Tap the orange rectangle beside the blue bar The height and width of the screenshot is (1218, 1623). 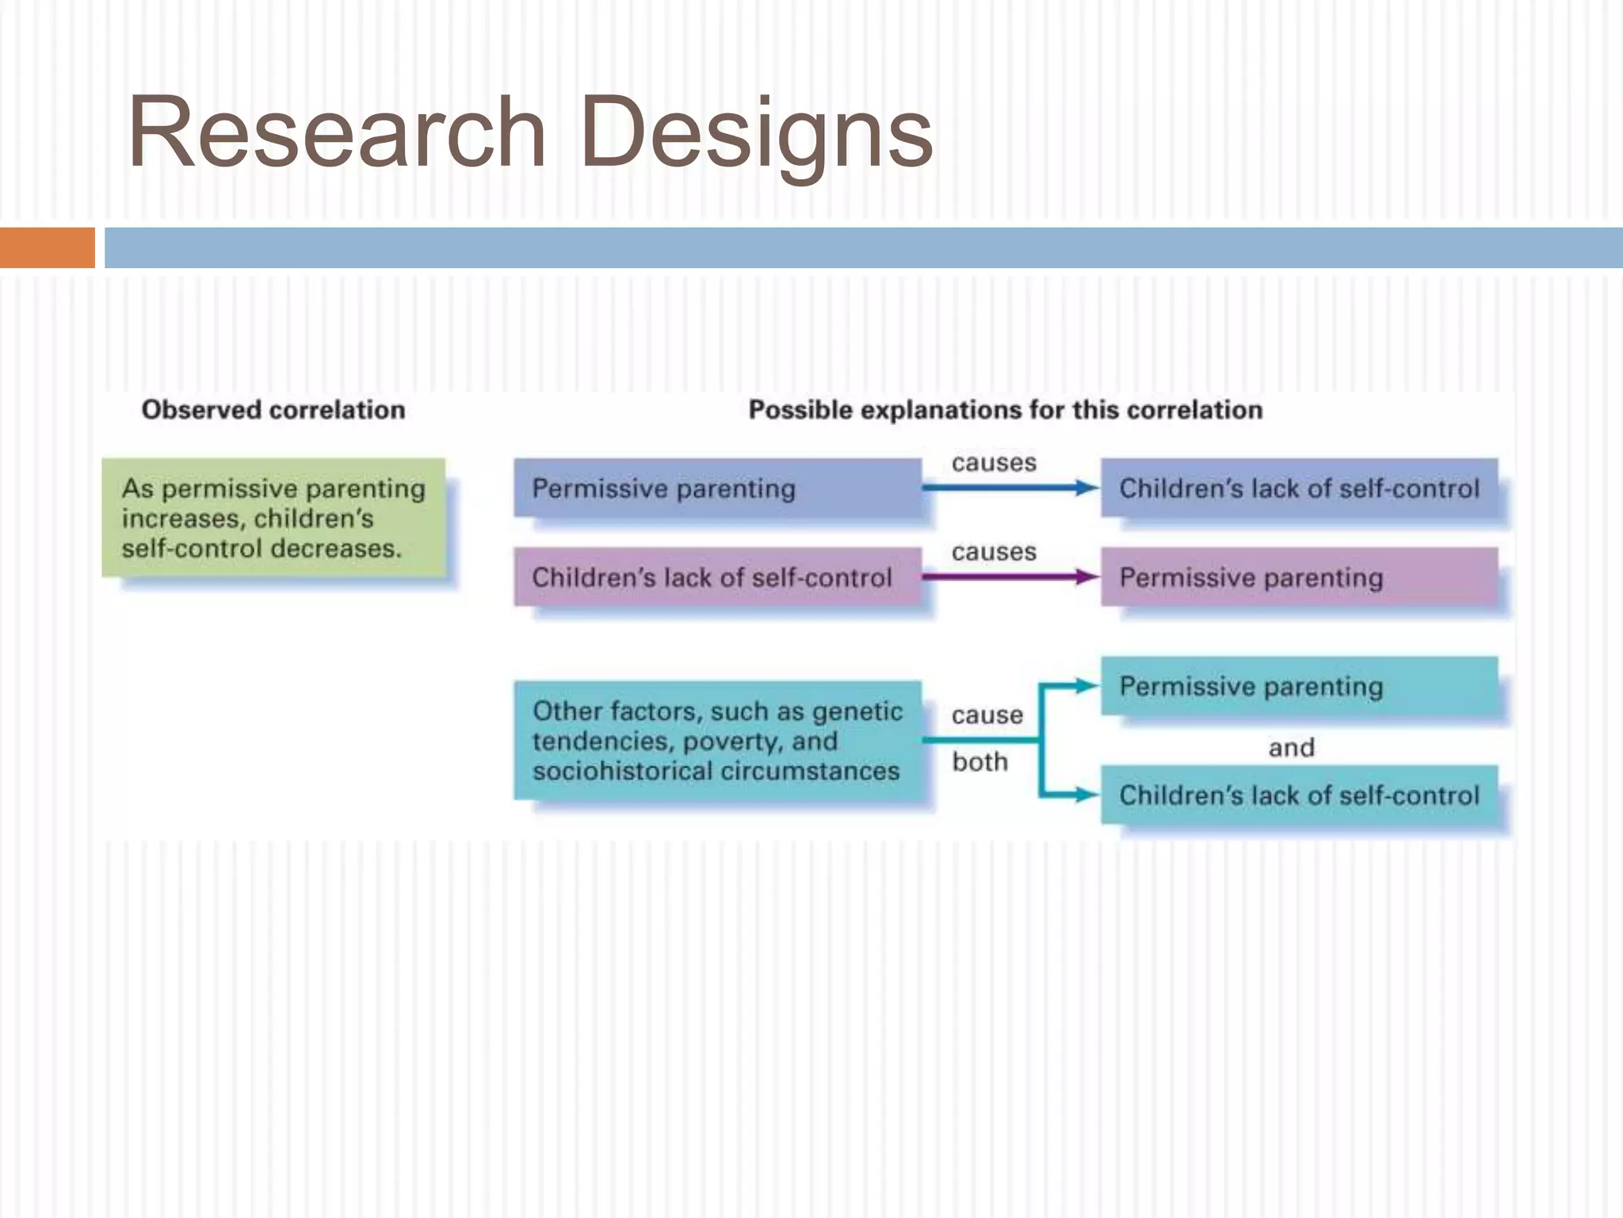(x=47, y=247)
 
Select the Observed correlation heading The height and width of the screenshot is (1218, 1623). (x=273, y=410)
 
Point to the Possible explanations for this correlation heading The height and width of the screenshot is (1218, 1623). (x=1005, y=410)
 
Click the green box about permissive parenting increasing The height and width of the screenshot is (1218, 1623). (x=273, y=518)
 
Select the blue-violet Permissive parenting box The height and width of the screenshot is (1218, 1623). (x=716, y=488)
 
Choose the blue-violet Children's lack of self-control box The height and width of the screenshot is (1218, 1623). (x=1299, y=488)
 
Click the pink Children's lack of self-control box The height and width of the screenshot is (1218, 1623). (x=716, y=576)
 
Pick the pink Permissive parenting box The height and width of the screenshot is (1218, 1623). (x=1299, y=576)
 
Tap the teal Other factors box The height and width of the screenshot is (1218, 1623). (x=716, y=740)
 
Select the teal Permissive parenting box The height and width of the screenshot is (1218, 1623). (x=1299, y=686)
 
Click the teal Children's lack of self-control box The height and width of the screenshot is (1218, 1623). (x=1299, y=795)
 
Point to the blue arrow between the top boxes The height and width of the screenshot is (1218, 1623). (x=1010, y=488)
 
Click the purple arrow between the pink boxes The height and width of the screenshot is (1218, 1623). (x=1010, y=576)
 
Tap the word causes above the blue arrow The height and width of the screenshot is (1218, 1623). (x=994, y=462)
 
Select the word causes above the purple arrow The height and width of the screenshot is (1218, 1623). (x=994, y=551)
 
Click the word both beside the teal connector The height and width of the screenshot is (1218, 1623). (x=980, y=762)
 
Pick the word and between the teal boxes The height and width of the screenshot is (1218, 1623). (x=1291, y=747)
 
